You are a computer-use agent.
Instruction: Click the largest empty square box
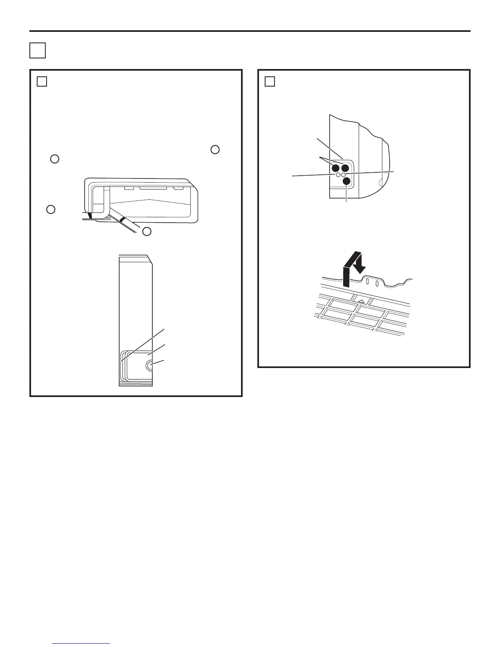[37, 50]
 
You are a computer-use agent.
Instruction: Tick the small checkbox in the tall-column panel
[42, 82]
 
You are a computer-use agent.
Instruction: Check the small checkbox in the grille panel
[269, 82]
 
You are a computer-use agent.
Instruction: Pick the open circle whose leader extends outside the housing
[338, 175]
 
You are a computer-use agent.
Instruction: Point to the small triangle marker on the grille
[361, 301]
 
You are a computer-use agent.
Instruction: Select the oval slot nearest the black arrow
[367, 282]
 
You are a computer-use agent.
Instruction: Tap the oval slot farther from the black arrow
[377, 283]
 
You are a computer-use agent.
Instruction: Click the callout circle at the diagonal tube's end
[147, 231]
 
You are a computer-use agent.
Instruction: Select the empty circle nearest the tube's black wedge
[51, 210]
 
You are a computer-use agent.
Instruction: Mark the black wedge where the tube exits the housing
[90, 215]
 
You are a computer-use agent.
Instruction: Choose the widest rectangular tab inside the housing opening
[153, 188]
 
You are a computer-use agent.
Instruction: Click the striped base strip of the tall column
[136, 384]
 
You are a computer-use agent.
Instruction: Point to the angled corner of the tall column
[150, 260]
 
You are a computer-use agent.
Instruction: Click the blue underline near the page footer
[81, 644]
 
